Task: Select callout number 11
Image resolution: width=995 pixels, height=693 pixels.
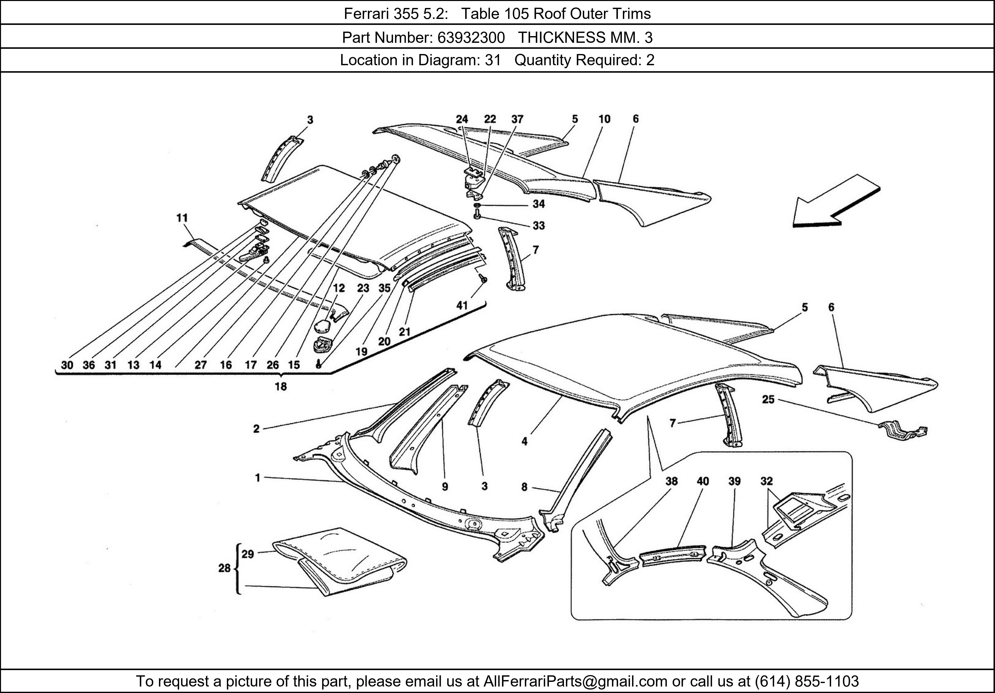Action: (182, 218)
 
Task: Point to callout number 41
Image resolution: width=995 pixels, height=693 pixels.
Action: (462, 305)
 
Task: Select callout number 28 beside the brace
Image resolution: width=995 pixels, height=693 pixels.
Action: (224, 568)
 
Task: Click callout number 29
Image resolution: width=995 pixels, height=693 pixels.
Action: (248, 554)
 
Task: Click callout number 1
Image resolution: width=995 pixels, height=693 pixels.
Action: (257, 478)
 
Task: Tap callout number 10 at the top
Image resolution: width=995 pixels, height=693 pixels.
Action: (604, 119)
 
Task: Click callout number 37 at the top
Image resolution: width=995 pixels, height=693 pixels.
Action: (517, 119)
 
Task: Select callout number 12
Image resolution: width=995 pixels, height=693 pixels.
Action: (339, 288)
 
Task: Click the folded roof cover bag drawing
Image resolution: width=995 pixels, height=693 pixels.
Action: (342, 559)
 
